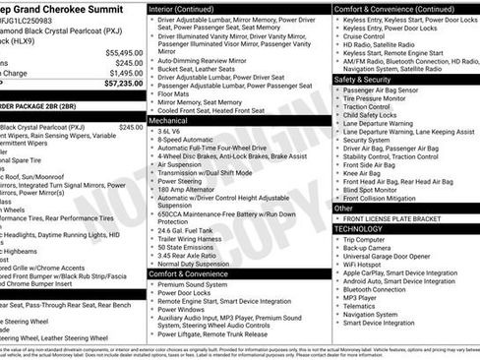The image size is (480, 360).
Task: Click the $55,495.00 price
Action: click(123, 52)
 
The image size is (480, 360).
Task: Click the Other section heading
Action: click(343, 209)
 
